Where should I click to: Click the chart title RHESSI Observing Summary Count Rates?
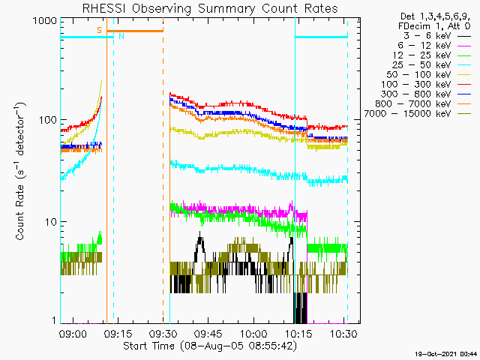tap(210, 8)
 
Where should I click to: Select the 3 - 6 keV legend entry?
tap(437, 36)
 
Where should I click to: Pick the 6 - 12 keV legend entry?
tap(434, 46)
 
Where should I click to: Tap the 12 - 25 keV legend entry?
tap(432, 55)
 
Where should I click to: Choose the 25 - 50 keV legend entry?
tap(432, 65)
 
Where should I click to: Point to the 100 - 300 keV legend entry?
tap(426, 85)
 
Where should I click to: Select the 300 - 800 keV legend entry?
tap(426, 94)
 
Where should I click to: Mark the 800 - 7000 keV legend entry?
tap(423, 104)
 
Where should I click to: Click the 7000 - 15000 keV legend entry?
tap(418, 114)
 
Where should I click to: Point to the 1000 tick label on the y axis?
tap(44, 21)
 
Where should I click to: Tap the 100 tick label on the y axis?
tap(47, 120)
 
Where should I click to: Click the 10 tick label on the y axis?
tap(50, 222)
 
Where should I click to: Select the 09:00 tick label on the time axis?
tap(73, 333)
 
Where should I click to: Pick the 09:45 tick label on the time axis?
tap(208, 333)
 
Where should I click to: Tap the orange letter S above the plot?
tap(99, 30)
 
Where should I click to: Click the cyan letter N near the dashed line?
tap(121, 36)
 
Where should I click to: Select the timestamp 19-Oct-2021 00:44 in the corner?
tap(446, 354)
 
